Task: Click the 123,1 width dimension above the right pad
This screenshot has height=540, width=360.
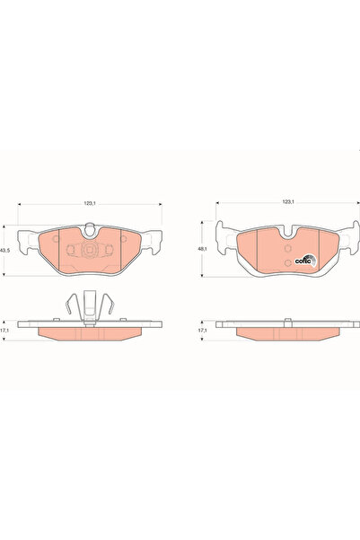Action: point(287,202)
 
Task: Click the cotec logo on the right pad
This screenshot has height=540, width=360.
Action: point(306,260)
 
